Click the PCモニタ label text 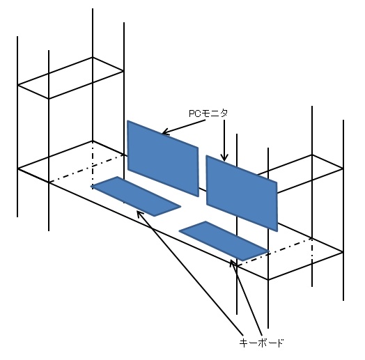click(208, 114)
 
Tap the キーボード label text click(261, 343)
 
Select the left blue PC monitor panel click(163, 158)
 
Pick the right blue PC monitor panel click(242, 193)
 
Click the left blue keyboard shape click(136, 196)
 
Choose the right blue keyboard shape click(224, 241)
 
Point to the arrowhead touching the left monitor click(164, 132)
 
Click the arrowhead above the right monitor click(224, 158)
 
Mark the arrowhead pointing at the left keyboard click(139, 213)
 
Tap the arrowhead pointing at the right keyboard click(233, 263)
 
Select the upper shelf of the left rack click(70, 78)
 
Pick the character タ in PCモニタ click(224, 114)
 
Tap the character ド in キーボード click(279, 343)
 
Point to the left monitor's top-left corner click(127, 120)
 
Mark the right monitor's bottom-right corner click(277, 231)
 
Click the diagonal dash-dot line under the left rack click(86, 169)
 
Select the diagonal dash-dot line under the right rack click(274, 252)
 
